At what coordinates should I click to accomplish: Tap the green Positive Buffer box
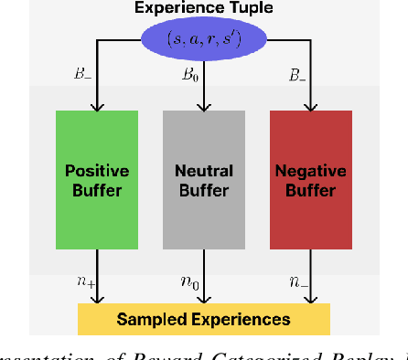[96, 180]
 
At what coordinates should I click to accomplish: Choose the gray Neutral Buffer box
[203, 180]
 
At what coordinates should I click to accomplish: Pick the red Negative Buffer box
[311, 180]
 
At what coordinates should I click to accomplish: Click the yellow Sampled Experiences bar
[203, 319]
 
